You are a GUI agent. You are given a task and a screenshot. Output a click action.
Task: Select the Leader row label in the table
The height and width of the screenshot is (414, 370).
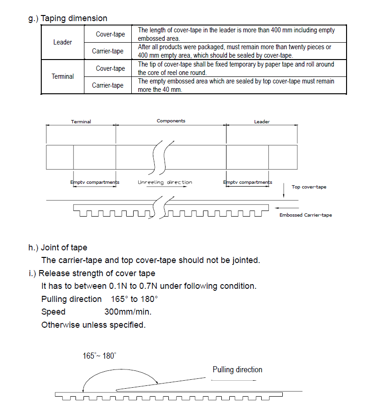[x=62, y=42]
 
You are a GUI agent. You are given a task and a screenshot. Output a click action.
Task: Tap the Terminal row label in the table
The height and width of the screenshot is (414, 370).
[x=62, y=76]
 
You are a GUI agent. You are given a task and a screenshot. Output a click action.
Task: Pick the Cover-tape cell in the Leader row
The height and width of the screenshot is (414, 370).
[x=110, y=34]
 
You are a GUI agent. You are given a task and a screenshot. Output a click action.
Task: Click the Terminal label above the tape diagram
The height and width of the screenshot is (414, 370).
[x=81, y=122]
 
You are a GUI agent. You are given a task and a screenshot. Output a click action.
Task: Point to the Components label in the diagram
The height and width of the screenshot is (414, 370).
[x=171, y=121]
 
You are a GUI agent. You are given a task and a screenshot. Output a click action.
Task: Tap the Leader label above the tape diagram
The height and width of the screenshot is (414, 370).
[x=262, y=122]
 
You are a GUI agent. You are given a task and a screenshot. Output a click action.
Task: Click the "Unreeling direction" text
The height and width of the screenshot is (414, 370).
[x=165, y=182]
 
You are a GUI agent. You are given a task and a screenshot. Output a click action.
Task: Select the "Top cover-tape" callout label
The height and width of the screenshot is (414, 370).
[x=309, y=187]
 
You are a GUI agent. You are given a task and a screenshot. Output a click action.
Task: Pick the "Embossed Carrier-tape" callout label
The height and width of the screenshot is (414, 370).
[x=305, y=215]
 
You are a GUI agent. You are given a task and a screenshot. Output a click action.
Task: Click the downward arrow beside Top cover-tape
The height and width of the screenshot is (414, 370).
[x=284, y=190]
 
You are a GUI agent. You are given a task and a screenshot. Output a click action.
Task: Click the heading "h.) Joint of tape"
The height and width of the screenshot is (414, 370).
[x=58, y=248]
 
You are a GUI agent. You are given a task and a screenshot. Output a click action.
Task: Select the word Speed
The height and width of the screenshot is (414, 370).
[x=53, y=312]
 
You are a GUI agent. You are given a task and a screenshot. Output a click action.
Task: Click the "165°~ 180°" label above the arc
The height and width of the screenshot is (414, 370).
[x=99, y=356]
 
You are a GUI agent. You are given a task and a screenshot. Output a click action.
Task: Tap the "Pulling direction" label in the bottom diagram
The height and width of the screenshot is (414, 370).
[x=237, y=369]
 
